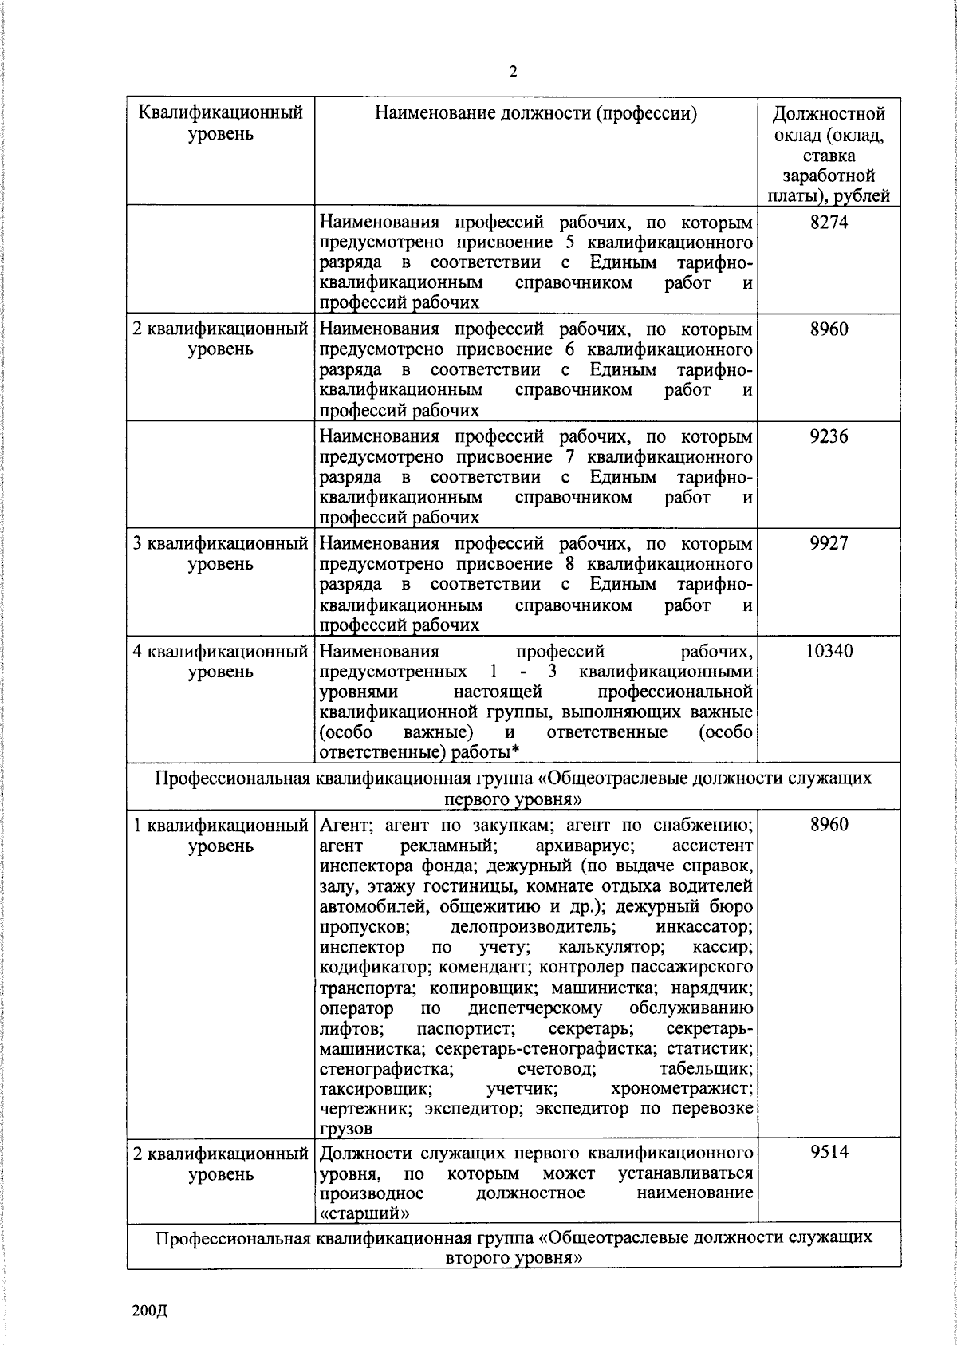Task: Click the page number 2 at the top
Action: point(513,73)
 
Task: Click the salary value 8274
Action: point(829,222)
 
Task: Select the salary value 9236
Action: point(829,436)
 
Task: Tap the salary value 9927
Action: point(829,543)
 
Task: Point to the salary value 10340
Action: point(829,651)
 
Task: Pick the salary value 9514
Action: point(829,1152)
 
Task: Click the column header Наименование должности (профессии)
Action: point(536,113)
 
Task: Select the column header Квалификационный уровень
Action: point(221,123)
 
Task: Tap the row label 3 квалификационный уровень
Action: point(221,554)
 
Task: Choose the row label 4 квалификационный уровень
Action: point(221,661)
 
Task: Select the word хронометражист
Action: point(682,1089)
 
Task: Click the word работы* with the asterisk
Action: point(486,752)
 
